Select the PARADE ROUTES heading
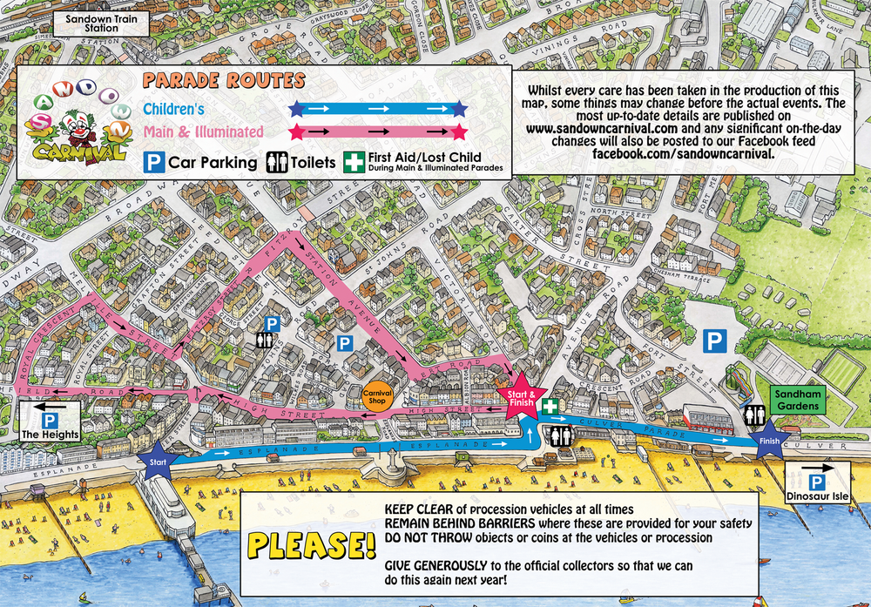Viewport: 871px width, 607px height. [x=223, y=81]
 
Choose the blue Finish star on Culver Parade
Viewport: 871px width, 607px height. [x=769, y=439]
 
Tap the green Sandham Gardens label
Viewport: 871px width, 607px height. [x=797, y=401]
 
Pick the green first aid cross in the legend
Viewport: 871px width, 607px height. [x=354, y=162]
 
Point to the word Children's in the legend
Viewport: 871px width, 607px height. [x=174, y=110]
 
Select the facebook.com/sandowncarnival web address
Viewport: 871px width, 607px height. [x=682, y=153]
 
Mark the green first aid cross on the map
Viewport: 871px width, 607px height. [x=550, y=406]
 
